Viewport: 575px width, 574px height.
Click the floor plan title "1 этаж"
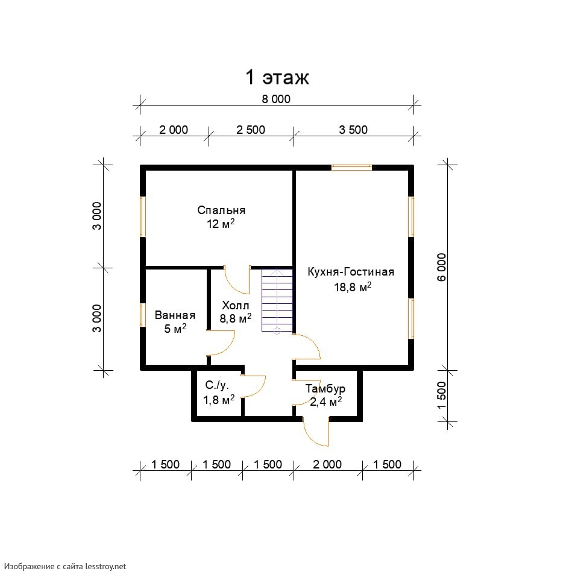(277, 77)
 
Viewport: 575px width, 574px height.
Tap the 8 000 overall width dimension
(276, 99)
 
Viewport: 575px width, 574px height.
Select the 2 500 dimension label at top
(251, 130)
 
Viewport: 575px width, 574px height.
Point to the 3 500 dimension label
(353, 130)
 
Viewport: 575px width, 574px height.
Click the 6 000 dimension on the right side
(442, 267)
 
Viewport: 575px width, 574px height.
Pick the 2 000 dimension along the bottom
(327, 464)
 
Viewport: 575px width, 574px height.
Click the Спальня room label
(221, 210)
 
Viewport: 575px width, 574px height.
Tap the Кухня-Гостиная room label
(351, 272)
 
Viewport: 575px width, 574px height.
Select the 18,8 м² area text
(353, 287)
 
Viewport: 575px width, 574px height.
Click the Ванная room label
(175, 315)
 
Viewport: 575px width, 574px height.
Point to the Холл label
(236, 305)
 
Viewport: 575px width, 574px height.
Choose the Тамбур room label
(325, 388)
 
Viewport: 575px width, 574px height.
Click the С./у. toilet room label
(217, 385)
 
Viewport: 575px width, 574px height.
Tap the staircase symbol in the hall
(277, 301)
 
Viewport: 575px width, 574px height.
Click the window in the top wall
(351, 168)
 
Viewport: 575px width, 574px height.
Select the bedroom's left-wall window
(143, 216)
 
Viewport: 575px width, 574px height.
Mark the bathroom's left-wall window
(143, 315)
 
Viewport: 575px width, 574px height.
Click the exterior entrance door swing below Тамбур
(316, 431)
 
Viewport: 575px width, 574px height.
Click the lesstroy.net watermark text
(65, 567)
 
